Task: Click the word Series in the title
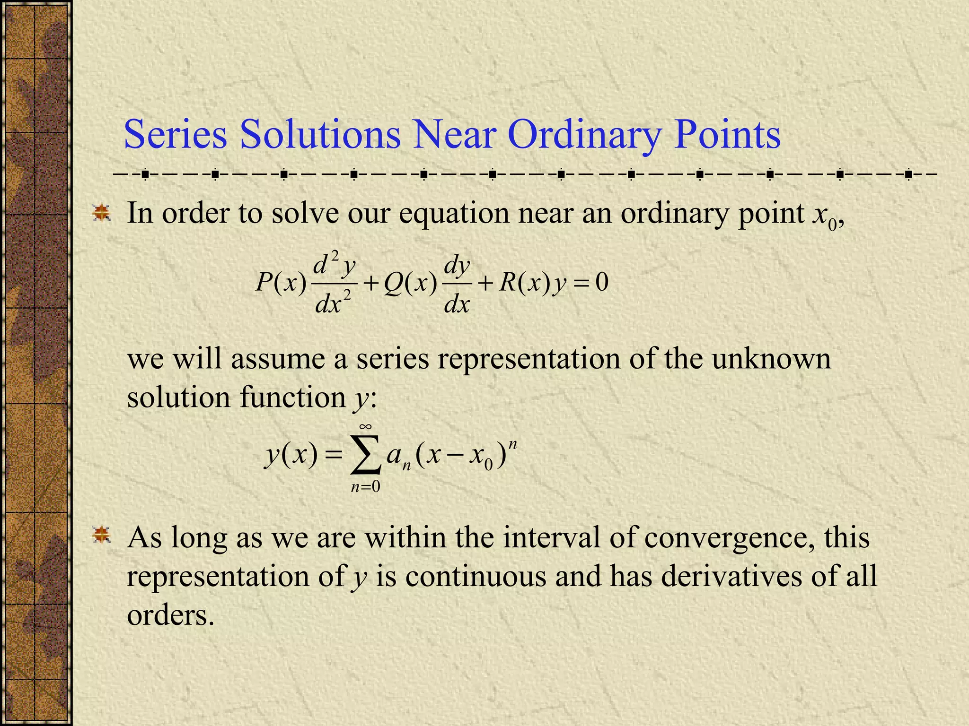pyautogui.click(x=176, y=135)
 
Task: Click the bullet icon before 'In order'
pyautogui.click(x=101, y=213)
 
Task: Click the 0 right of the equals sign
pyautogui.click(x=602, y=282)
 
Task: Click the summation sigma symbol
pyautogui.click(x=366, y=455)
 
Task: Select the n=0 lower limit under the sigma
pyautogui.click(x=365, y=486)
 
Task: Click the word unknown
pyautogui.click(x=771, y=359)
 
